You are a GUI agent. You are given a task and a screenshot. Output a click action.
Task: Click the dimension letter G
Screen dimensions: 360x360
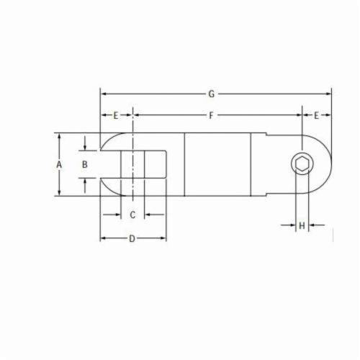211,94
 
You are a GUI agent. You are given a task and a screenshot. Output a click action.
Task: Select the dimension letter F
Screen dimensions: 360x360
211,115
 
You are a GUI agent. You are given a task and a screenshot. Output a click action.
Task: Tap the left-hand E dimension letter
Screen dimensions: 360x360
117,115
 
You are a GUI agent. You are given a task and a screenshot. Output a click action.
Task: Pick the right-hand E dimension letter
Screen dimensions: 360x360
316,115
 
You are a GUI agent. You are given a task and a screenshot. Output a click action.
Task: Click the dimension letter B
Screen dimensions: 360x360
84,164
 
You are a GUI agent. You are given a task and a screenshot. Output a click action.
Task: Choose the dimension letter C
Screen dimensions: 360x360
132,215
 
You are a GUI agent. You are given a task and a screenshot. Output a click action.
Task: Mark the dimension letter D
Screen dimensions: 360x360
132,238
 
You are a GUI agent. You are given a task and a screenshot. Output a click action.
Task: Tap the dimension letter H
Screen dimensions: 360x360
302,225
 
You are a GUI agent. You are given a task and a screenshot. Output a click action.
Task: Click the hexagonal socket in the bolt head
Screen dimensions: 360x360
301,164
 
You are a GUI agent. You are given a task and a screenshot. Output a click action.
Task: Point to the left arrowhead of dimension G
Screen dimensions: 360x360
102,94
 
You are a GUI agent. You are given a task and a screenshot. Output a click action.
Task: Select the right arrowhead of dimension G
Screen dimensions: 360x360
329,94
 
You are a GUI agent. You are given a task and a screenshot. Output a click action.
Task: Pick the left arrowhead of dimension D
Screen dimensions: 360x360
102,238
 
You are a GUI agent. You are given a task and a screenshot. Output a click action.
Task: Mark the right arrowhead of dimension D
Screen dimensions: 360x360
164,238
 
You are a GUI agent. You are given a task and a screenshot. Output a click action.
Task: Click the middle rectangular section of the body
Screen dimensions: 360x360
217,164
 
